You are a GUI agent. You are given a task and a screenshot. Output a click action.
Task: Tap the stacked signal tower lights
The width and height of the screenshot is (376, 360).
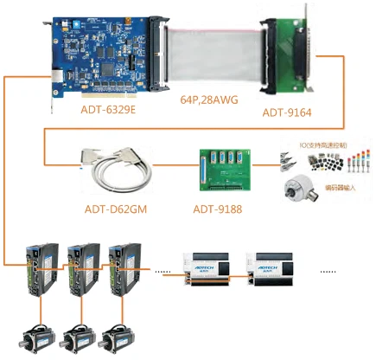[x=357, y=162]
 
